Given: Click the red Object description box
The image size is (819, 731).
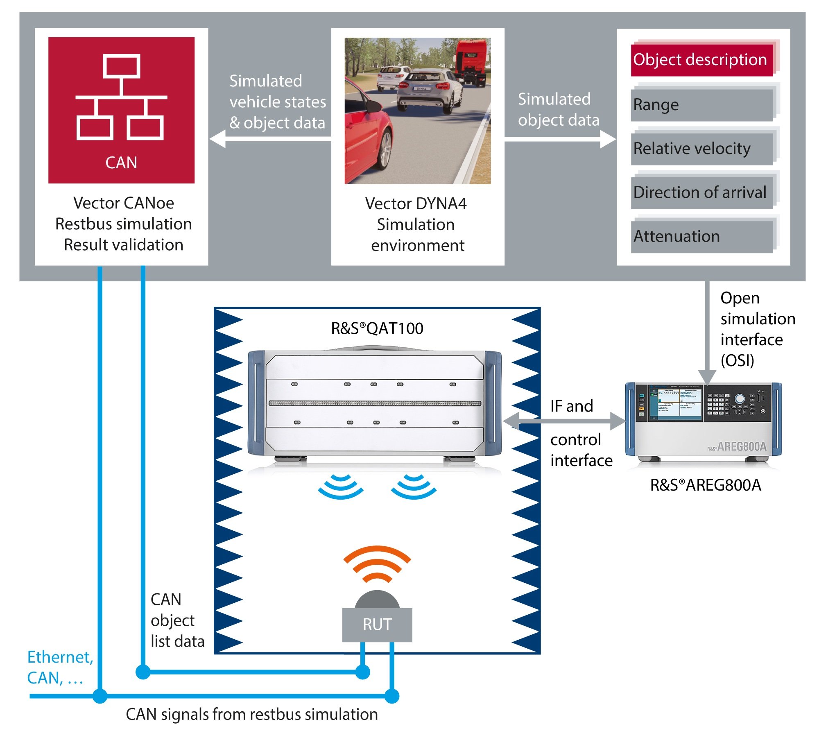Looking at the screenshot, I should [701, 60].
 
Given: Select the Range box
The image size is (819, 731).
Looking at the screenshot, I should [701, 105].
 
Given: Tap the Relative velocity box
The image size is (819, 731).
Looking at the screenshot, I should [701, 148].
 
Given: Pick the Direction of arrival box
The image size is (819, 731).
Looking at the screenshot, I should [701, 192].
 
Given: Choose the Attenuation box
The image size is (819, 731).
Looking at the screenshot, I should [701, 236].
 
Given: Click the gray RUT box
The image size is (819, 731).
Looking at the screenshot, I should [377, 625].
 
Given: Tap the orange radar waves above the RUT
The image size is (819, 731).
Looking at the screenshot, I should [377, 563].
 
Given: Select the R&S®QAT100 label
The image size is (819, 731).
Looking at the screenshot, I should [377, 328].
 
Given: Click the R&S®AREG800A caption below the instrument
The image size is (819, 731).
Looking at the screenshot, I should [706, 485].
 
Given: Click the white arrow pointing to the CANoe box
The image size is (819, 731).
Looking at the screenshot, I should [270, 139].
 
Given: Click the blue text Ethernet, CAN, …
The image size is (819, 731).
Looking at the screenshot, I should [60, 668].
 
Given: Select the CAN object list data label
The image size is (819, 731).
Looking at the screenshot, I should [177, 620].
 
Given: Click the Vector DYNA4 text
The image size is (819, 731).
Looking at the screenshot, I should [416, 204].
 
